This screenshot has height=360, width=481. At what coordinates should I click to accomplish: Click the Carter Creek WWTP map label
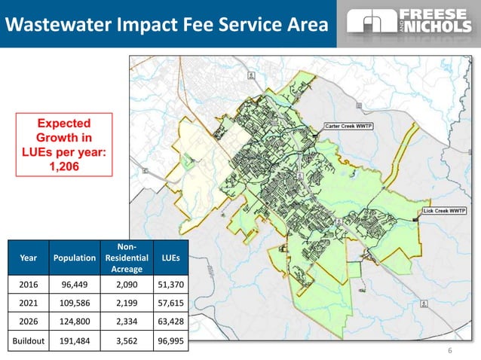[351, 125]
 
